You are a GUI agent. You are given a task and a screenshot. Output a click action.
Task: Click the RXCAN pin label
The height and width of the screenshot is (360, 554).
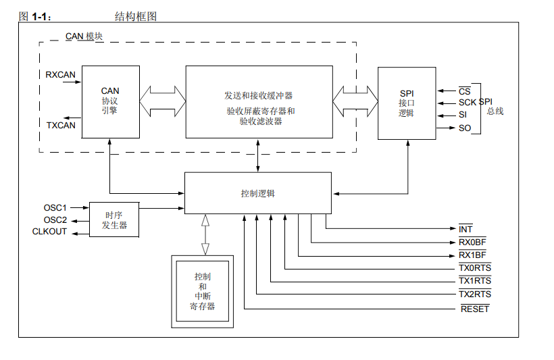coord(60,74)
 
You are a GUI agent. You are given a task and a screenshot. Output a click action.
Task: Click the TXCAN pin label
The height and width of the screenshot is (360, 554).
coord(61,125)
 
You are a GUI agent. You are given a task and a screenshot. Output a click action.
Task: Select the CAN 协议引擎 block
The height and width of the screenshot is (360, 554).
coord(110,101)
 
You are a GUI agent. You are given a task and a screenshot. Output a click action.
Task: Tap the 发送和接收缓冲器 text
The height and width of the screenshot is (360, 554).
coord(259,95)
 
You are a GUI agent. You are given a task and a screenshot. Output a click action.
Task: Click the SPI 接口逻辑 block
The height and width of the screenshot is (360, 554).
coord(406,103)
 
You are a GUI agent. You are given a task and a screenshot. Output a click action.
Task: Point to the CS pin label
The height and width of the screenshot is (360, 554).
coord(464,91)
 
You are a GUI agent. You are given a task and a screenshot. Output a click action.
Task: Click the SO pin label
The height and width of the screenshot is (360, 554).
coord(465,128)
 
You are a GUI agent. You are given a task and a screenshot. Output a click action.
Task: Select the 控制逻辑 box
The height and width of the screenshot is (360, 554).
coord(258,193)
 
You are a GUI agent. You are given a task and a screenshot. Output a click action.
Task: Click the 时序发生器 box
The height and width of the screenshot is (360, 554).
coord(114,220)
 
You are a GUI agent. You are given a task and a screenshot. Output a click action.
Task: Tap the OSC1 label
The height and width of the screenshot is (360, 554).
coord(55,207)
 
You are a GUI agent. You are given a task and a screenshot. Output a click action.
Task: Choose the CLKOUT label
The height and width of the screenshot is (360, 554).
coord(50,232)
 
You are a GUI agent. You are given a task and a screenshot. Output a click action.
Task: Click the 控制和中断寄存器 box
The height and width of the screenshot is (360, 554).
coord(202,291)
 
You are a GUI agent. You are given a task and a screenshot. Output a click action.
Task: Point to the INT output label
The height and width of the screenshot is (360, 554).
coord(465,230)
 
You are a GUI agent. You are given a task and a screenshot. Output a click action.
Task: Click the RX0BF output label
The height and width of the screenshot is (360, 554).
coord(472,242)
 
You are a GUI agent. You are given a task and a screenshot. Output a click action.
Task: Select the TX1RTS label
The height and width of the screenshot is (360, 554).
coord(475,281)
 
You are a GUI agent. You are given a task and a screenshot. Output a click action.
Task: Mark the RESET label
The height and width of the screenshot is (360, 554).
coord(475,309)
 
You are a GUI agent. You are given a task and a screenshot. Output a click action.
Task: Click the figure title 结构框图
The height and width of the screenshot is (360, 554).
coord(136,16)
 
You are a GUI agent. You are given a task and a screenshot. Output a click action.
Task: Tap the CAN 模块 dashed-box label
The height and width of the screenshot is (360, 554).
coord(84,36)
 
